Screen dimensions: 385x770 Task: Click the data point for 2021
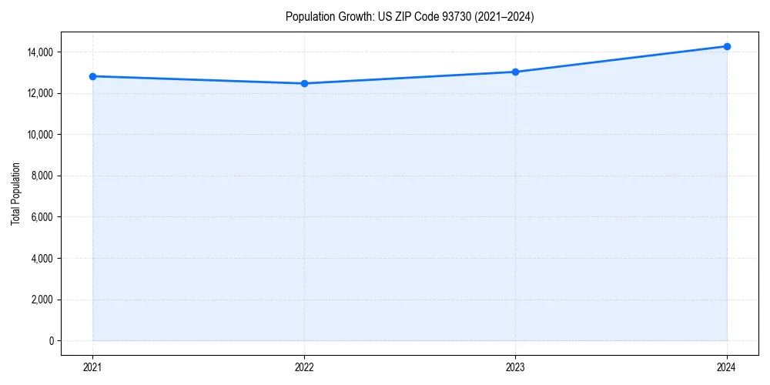click(92, 76)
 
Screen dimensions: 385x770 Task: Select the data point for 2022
click(304, 83)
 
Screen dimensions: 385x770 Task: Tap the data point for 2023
click(515, 72)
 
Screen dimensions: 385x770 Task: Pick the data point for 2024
click(727, 46)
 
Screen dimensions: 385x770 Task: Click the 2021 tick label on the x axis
click(92, 367)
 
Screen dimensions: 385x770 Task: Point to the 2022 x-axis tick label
click(304, 367)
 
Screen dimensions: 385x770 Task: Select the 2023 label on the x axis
click(515, 367)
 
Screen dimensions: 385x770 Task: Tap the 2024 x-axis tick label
click(727, 367)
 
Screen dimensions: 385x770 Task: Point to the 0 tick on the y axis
click(51, 341)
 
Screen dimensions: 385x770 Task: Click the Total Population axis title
click(15, 193)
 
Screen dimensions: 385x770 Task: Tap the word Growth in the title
click(354, 17)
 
